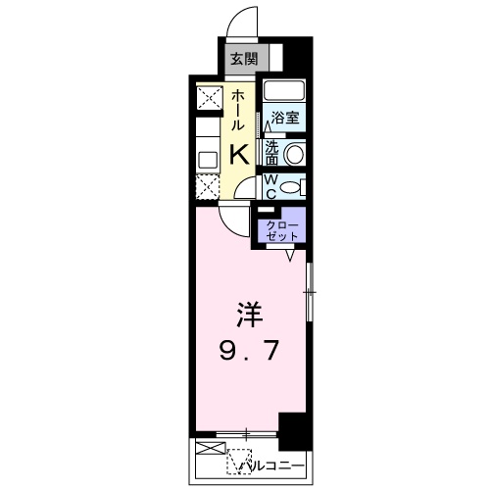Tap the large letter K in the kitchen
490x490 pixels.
pos(239,154)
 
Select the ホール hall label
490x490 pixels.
pos(238,111)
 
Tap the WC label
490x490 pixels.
pos(271,184)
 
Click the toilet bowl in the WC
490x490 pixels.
pos(295,184)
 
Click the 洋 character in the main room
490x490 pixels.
pos(248,317)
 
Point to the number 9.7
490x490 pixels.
pos(248,350)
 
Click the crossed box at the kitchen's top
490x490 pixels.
pos(209,99)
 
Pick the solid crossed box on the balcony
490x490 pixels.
pos(210,450)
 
